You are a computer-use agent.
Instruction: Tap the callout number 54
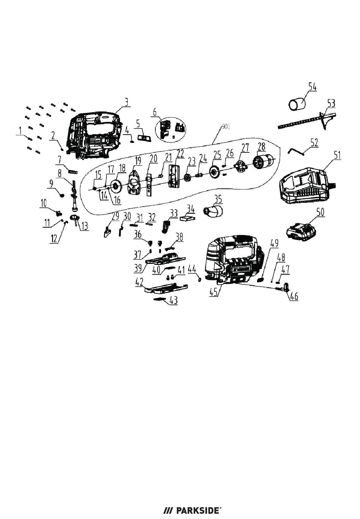pyautogui.click(x=312, y=87)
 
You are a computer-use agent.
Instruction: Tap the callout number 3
pyautogui.click(x=127, y=102)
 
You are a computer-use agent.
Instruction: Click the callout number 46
pyautogui.click(x=293, y=296)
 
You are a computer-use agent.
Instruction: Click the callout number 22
pyautogui.click(x=180, y=154)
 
